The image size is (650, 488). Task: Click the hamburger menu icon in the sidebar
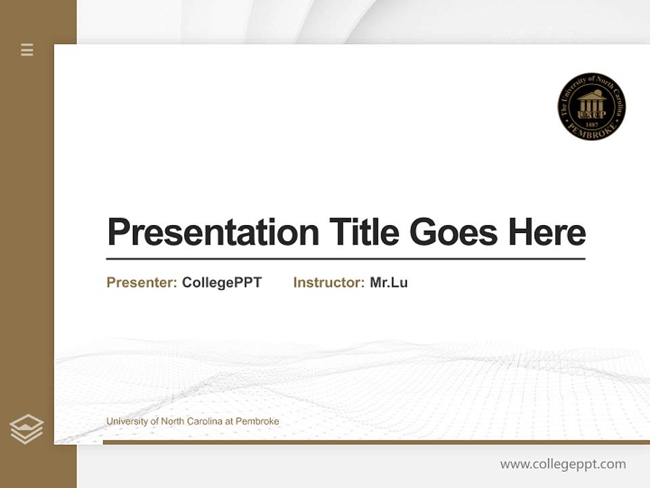[x=27, y=49]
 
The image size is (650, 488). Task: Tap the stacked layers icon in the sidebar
[x=26, y=429]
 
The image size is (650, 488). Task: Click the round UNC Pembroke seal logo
[x=591, y=107]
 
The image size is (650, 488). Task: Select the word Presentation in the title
[x=213, y=232]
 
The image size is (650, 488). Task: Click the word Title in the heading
[x=364, y=232]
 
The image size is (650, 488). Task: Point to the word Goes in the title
[x=454, y=232]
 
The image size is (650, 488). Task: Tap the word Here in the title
[x=547, y=232]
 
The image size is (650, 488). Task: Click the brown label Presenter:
[x=142, y=283]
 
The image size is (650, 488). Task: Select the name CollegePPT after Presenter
[x=221, y=283]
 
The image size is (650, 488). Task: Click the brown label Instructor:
[x=328, y=283]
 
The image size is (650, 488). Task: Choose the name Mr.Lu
[x=389, y=283]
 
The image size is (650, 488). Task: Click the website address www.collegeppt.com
[x=563, y=464]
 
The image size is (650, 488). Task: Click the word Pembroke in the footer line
[x=257, y=422]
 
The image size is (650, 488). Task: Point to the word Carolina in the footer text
[x=202, y=422]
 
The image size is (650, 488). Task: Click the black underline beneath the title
[x=345, y=259]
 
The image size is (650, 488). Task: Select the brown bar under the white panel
[x=376, y=442]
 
